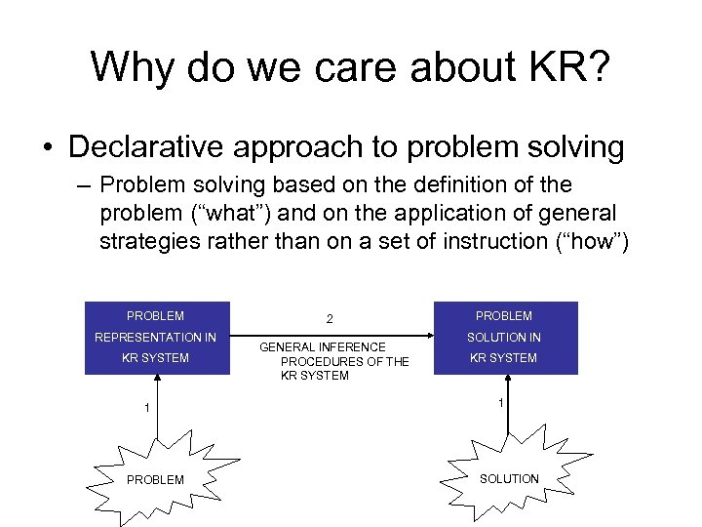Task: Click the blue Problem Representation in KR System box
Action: [x=158, y=338]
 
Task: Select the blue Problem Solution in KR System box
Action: [x=505, y=338]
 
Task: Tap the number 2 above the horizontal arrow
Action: [x=330, y=319]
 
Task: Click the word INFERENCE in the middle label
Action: [x=353, y=347]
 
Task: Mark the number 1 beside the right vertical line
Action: [x=501, y=402]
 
